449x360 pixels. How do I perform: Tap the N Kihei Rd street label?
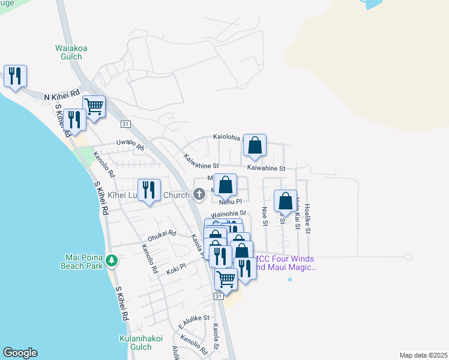pyautogui.click(x=62, y=95)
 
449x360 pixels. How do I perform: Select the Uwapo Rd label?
pyautogui.click(x=130, y=146)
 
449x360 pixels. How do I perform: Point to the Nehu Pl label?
pyautogui.click(x=230, y=202)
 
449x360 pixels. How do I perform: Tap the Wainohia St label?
pyautogui.click(x=228, y=213)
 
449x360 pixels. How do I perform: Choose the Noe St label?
pyautogui.click(x=265, y=216)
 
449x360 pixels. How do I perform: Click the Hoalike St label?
pyautogui.click(x=307, y=217)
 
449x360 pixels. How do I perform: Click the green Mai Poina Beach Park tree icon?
pyautogui.click(x=112, y=260)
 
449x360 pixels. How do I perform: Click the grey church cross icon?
pyautogui.click(x=199, y=193)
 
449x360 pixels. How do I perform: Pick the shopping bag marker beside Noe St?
pyautogui.click(x=286, y=201)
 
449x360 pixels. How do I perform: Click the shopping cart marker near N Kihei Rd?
pyautogui.click(x=94, y=107)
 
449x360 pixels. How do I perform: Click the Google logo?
pyautogui.click(x=20, y=353)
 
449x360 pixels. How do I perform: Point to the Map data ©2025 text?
pyautogui.click(x=423, y=355)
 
